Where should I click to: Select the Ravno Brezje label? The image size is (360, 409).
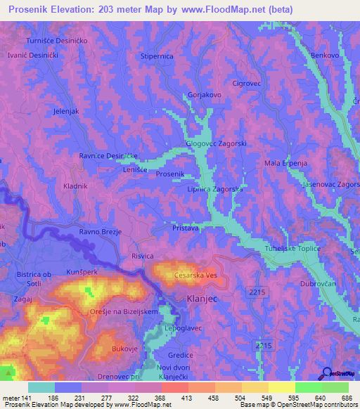pyautogui.click(x=101, y=231)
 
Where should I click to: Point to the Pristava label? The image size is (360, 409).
pyautogui.click(x=186, y=228)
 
